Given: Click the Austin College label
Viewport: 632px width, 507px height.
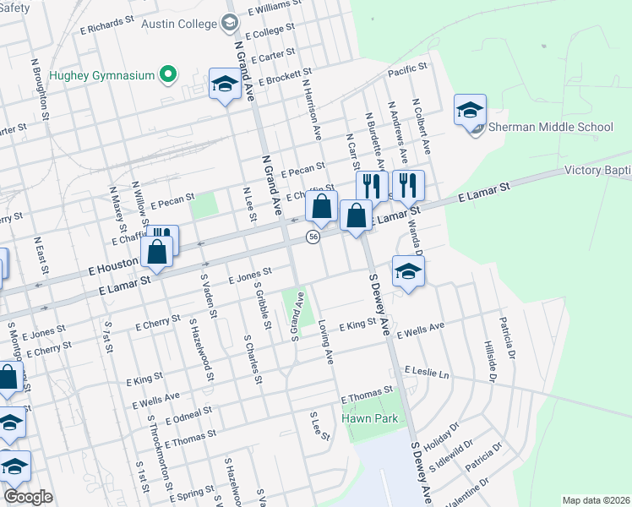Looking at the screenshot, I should (178, 23).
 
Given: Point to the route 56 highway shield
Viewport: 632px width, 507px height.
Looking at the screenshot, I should (313, 237).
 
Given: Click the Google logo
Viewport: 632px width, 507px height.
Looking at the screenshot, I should (28, 498).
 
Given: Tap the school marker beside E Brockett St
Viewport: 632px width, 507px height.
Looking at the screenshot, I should (225, 84).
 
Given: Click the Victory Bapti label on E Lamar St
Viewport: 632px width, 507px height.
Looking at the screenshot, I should (597, 171).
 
